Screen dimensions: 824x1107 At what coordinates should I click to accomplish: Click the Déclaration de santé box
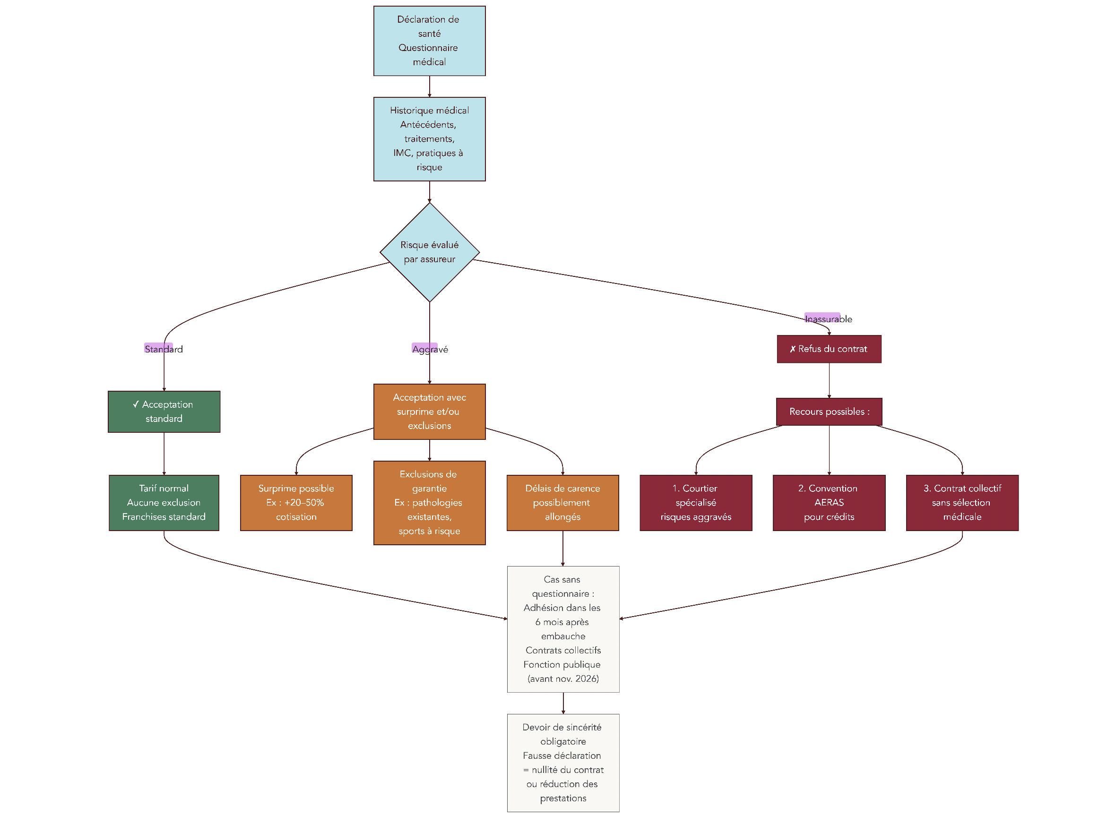click(x=429, y=41)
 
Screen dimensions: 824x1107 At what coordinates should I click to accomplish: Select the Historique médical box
click(x=429, y=138)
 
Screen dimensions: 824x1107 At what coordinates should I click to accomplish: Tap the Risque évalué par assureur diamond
click(x=429, y=252)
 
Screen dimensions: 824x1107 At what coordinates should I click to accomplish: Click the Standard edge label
click(x=164, y=349)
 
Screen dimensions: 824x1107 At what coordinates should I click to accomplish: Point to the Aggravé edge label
click(x=430, y=349)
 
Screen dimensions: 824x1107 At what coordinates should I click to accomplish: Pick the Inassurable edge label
click(x=828, y=319)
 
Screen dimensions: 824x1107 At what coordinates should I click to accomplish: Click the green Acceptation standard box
click(x=164, y=412)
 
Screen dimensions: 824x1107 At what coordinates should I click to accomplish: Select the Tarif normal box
click(x=164, y=502)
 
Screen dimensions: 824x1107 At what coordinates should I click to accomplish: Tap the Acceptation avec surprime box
click(x=429, y=412)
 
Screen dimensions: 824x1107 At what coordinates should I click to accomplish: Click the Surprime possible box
click(x=296, y=502)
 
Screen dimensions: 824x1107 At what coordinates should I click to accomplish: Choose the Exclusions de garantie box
click(x=429, y=502)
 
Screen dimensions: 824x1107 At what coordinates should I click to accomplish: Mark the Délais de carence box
click(x=562, y=502)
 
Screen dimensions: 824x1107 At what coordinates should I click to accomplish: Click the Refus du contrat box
click(x=829, y=349)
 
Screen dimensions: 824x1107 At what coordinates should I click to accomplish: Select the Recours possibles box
click(x=829, y=412)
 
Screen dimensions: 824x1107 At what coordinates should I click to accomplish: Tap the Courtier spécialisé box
click(x=695, y=502)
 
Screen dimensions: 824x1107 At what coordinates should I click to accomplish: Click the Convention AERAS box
click(x=829, y=502)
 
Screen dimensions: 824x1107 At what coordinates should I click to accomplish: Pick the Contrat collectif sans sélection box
click(x=962, y=502)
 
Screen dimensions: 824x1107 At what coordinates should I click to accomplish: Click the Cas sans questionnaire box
click(x=563, y=628)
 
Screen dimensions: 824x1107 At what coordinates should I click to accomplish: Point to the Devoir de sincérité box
click(x=563, y=762)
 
